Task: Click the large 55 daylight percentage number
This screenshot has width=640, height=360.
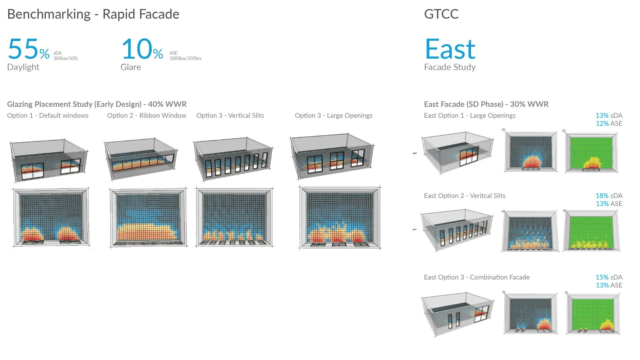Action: [23, 49]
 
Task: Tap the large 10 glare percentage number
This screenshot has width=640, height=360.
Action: [137, 49]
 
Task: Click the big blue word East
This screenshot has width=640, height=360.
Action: [450, 49]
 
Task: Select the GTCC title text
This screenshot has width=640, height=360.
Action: [441, 14]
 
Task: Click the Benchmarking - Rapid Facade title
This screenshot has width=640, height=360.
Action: [93, 14]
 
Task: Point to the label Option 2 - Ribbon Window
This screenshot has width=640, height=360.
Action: [147, 116]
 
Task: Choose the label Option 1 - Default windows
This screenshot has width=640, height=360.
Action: [48, 116]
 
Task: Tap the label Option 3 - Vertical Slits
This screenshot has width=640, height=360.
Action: [230, 116]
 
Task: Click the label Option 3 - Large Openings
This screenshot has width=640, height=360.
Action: [334, 116]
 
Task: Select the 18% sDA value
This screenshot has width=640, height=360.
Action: [609, 196]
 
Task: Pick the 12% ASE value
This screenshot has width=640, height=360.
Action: [609, 124]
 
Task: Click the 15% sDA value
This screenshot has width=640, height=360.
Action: [609, 277]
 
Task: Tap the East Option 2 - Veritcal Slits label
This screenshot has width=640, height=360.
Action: [465, 196]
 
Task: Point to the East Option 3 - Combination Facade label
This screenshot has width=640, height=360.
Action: [477, 277]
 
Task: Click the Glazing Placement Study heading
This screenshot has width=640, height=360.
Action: [97, 104]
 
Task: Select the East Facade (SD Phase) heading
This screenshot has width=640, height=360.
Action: [486, 104]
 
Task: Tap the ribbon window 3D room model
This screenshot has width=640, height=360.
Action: [141, 158]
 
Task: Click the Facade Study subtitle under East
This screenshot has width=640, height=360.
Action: [450, 67]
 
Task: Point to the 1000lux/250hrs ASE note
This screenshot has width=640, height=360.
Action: [185, 58]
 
